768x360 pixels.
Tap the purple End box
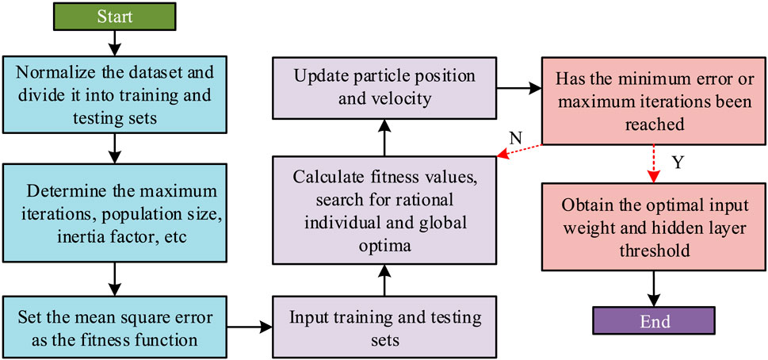654,321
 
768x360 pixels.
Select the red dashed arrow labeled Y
654,162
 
